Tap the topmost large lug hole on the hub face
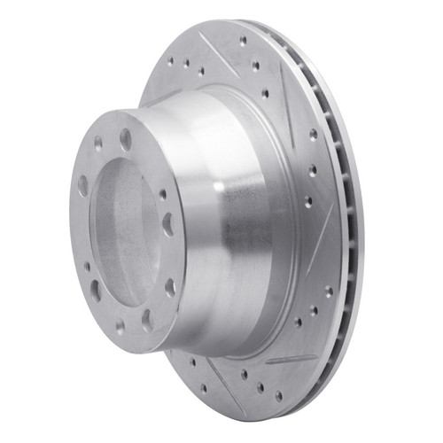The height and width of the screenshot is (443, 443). click(x=126, y=139)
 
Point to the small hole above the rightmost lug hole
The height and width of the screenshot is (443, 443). click(x=162, y=193)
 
